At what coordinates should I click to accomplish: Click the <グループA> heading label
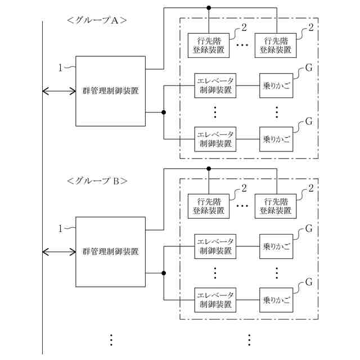(97, 20)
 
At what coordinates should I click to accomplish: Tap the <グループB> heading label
(97, 181)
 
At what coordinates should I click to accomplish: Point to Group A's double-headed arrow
(59, 91)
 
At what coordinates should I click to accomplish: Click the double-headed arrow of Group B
(59, 252)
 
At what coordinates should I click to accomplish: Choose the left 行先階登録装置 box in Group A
(209, 46)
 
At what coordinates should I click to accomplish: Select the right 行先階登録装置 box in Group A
(276, 46)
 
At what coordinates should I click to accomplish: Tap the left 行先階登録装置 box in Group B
(209, 206)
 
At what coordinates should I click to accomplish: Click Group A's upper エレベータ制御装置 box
(215, 85)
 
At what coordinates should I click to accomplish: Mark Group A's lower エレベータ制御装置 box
(215, 139)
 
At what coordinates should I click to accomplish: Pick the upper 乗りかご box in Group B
(276, 246)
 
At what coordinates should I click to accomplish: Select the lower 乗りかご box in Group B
(276, 300)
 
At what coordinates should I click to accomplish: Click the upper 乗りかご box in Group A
(276, 85)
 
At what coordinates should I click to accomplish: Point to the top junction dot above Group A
(209, 8)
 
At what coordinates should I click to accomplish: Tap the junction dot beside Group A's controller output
(164, 112)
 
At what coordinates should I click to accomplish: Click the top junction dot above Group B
(209, 169)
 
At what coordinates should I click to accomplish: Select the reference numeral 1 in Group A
(60, 68)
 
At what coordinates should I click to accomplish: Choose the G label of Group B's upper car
(309, 229)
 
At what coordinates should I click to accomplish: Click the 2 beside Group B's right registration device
(311, 188)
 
